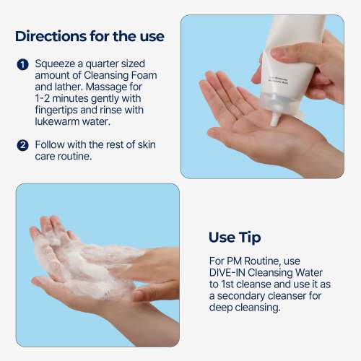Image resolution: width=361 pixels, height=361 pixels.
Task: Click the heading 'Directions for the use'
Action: [90, 35]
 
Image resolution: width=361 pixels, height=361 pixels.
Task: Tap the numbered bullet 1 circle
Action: [22, 64]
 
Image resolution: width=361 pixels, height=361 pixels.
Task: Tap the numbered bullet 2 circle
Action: [22, 145]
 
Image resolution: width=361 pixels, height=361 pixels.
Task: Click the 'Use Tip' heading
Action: [235, 237]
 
